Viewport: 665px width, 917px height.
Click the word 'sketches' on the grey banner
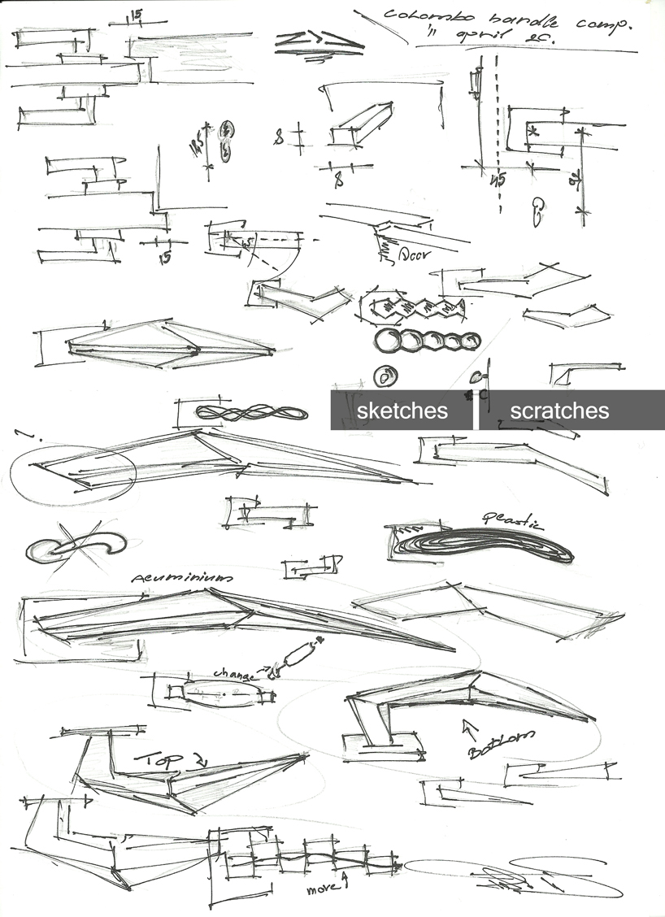(402, 411)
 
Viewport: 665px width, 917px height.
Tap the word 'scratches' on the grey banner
(559, 411)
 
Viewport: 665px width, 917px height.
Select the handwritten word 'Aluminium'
(181, 576)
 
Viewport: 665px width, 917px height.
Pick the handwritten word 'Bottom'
(502, 743)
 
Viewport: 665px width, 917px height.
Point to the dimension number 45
(497, 180)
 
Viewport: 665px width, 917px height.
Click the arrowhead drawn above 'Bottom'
(469, 724)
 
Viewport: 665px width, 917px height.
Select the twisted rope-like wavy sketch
(252, 413)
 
